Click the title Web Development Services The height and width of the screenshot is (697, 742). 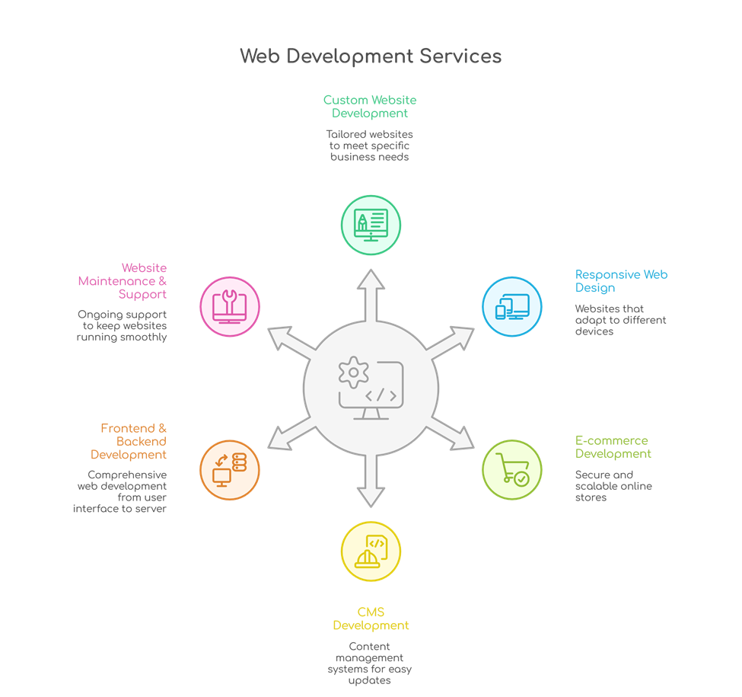click(x=371, y=56)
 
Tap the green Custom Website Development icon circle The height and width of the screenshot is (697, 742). click(x=371, y=225)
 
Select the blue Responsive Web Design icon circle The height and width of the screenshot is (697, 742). click(x=512, y=307)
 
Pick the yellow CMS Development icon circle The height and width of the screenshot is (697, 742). click(x=371, y=552)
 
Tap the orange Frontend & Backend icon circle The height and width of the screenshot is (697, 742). click(x=229, y=469)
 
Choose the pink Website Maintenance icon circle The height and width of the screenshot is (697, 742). click(x=229, y=306)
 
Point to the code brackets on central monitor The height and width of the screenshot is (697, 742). click(x=381, y=395)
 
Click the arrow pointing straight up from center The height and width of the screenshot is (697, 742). click(x=371, y=293)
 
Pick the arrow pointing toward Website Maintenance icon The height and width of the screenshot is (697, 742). click(x=291, y=341)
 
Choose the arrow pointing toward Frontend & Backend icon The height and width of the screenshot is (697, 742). click(x=291, y=436)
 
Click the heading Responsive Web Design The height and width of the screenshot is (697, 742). click(x=621, y=281)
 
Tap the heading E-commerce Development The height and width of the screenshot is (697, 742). click(x=613, y=447)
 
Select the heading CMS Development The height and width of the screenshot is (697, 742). click(x=371, y=619)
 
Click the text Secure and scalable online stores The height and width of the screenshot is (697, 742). click(x=613, y=486)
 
